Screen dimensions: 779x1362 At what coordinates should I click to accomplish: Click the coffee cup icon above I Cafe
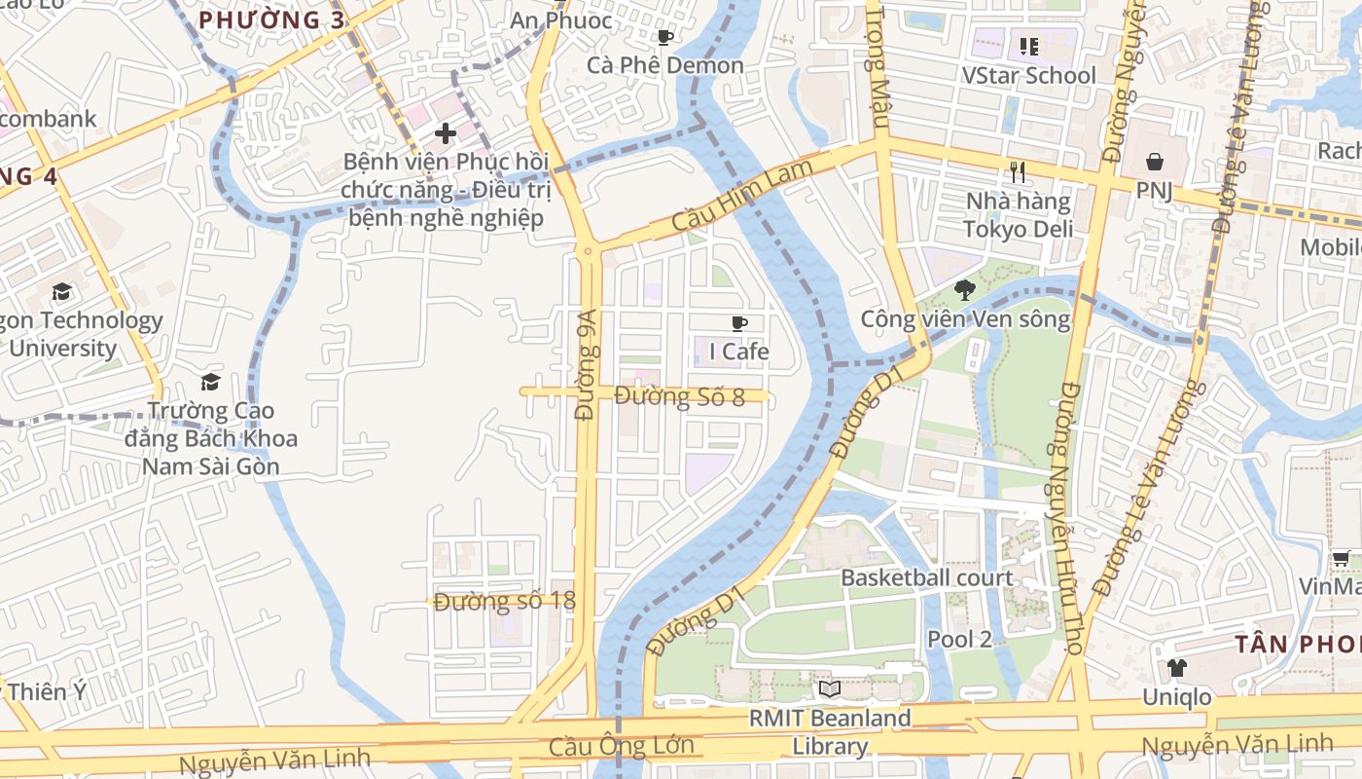739,323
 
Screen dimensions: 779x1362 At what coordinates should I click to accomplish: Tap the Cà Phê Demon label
665,65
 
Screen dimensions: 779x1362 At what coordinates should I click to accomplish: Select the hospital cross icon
446,133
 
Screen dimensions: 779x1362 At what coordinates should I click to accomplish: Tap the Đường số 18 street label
505,601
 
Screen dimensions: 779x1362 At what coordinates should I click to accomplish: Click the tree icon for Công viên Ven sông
965,289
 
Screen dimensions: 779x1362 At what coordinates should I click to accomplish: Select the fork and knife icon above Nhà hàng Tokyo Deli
1018,172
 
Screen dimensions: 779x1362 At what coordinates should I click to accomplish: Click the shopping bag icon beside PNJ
1154,161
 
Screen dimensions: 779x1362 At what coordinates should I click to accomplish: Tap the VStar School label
1028,76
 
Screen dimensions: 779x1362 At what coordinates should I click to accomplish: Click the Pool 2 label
959,639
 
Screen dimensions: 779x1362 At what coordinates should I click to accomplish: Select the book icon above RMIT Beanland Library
829,689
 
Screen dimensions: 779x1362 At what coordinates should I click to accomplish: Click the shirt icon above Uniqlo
1176,668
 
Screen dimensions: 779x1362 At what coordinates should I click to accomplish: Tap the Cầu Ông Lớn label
622,747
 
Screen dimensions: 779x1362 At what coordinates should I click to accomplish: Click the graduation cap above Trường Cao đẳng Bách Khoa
210,382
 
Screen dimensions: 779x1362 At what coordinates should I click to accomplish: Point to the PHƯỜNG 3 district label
258,19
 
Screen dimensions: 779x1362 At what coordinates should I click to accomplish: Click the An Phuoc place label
561,20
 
